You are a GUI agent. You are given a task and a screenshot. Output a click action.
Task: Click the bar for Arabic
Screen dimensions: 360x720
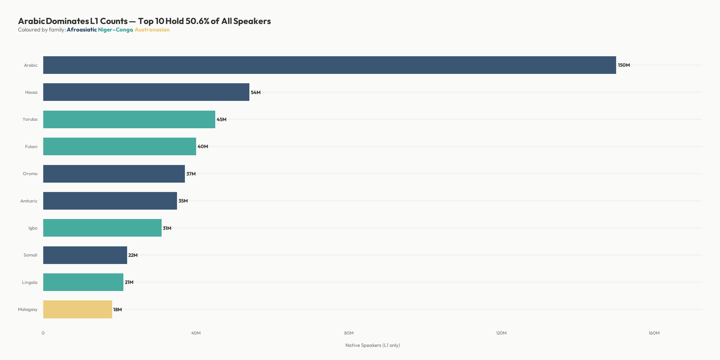coord(329,65)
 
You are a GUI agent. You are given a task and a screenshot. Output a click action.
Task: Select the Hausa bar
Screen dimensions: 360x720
coord(146,92)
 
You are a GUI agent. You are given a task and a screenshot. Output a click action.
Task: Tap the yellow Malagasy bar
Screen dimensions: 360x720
coord(78,309)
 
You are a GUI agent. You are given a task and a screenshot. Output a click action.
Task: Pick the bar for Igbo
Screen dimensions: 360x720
coord(102,228)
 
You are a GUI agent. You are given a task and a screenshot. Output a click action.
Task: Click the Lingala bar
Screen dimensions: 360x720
coord(83,282)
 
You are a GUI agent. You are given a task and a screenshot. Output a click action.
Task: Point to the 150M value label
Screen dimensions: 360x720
coord(624,65)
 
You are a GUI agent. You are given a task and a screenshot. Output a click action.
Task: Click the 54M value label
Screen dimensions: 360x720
coord(256,93)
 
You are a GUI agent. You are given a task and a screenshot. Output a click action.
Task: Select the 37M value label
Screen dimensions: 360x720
coord(191,174)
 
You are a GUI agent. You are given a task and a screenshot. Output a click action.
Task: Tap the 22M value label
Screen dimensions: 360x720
coord(133,255)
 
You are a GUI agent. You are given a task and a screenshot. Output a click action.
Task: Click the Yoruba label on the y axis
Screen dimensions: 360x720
coord(30,120)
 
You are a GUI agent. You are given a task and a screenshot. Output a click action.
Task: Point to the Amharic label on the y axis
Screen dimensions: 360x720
coord(29,201)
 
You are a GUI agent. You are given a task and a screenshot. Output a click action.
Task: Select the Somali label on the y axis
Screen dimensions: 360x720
coord(30,255)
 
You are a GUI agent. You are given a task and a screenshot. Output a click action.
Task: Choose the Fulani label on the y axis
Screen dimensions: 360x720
coord(31,147)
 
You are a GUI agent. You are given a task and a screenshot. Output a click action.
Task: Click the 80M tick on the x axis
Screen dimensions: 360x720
coord(349,333)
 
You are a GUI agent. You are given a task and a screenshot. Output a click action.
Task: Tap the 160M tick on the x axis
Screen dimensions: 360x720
coord(654,333)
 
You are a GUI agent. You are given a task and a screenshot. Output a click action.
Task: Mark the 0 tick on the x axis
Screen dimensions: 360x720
coord(43,333)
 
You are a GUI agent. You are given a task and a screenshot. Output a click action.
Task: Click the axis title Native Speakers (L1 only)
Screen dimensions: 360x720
coord(372,345)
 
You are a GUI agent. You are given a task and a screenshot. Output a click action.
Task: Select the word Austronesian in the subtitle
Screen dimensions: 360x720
coord(152,30)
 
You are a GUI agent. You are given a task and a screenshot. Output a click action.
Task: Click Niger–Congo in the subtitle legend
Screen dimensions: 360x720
coord(115,30)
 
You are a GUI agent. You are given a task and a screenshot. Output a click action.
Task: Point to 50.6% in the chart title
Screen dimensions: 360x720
coord(197,21)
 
